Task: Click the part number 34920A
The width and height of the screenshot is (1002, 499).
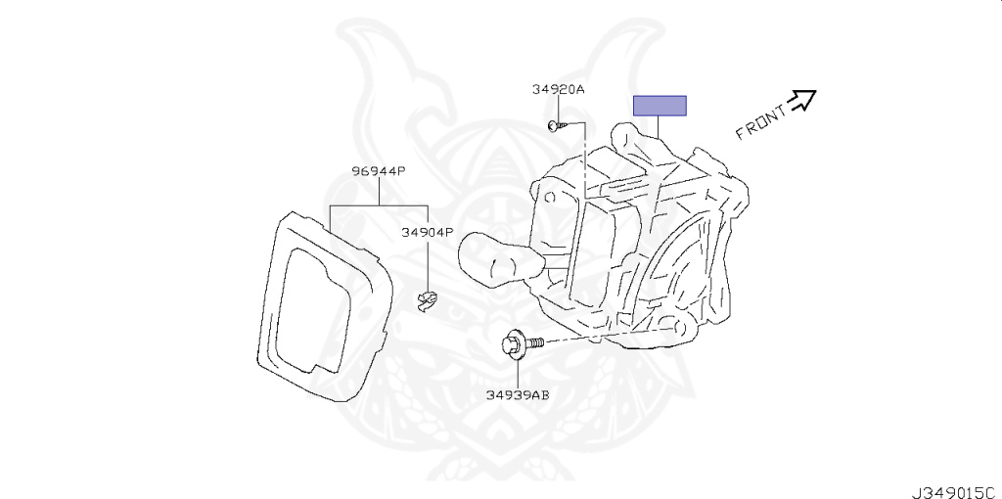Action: click(x=558, y=89)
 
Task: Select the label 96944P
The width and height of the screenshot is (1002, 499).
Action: click(x=379, y=171)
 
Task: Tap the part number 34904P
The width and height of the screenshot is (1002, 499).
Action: click(x=428, y=233)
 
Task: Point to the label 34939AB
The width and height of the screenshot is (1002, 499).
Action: click(x=518, y=395)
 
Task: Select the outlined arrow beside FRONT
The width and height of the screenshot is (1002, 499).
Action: click(x=802, y=99)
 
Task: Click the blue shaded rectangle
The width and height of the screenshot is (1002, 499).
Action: click(x=660, y=106)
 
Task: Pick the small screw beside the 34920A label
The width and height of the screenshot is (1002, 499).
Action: click(x=554, y=125)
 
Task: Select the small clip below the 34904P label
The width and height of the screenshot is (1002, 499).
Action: click(x=426, y=300)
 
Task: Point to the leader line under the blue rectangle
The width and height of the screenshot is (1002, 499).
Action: click(x=660, y=126)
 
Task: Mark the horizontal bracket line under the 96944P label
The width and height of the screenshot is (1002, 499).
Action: click(x=379, y=206)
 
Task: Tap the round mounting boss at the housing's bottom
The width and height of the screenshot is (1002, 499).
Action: click(x=674, y=322)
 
